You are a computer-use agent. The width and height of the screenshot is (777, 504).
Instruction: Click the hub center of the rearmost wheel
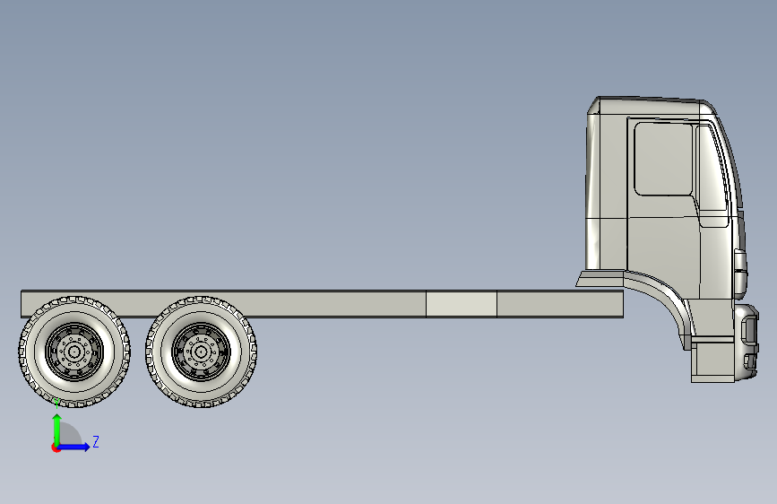(x=74, y=352)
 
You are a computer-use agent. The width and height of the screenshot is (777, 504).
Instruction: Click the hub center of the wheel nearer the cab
(x=201, y=352)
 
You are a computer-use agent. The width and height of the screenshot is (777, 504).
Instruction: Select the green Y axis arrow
(x=57, y=429)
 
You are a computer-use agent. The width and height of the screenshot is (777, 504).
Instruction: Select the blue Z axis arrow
(x=73, y=447)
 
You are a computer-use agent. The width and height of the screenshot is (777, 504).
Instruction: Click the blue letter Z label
(x=96, y=441)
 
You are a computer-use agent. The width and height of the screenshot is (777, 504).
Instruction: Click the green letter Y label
(x=56, y=403)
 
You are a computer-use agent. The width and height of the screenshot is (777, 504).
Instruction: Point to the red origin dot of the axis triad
(x=55, y=448)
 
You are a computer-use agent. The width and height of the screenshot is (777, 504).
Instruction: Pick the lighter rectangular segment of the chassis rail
(x=462, y=304)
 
